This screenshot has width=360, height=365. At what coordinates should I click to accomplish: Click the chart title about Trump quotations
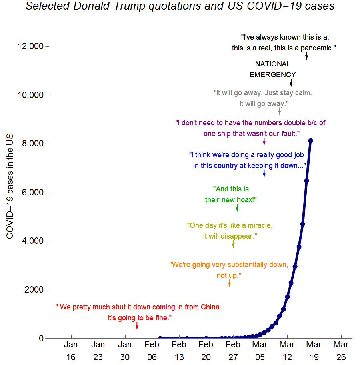pos(180,6)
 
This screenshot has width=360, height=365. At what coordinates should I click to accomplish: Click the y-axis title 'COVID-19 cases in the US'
pos(10,186)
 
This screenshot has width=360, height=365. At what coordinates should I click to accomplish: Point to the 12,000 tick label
pos(31,46)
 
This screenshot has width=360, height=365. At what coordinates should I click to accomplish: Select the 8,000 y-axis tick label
pos(33,144)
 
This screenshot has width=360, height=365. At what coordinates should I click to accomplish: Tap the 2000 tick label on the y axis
pos(35,290)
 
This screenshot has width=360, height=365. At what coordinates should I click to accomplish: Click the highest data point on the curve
pos(311,140)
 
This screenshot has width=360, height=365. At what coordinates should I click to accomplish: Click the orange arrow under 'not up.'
pos(230,283)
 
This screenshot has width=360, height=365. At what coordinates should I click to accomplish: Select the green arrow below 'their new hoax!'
pos(237,207)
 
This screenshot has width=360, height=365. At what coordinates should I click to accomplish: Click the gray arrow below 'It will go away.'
pos(280,111)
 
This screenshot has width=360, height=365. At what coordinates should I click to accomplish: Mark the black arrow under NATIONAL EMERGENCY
pos(291,82)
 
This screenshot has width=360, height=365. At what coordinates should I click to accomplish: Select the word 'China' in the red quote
pos(210,307)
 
